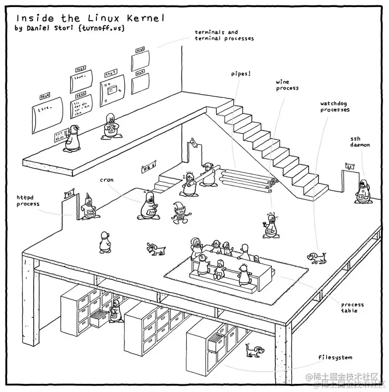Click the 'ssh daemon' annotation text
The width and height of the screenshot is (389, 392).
pos(360,142)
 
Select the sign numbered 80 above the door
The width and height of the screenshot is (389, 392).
pos(69,193)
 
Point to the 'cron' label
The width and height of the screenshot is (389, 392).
pos(106,179)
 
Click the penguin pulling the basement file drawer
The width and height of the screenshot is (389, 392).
pos(115,315)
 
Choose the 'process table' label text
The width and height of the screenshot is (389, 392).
pos(352,308)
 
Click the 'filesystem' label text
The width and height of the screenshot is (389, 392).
pos(335,358)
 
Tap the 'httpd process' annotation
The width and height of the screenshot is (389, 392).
pos(28,201)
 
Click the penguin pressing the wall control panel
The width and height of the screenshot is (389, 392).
pos(71,138)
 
